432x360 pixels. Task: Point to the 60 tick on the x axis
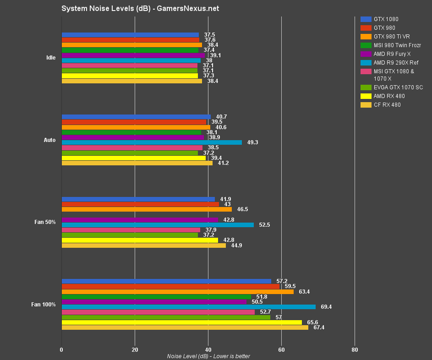click(281, 350)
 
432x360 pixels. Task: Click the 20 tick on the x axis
click(135, 350)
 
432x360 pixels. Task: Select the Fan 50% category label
click(45, 222)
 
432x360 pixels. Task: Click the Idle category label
click(51, 58)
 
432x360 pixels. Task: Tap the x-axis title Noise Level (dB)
click(208, 356)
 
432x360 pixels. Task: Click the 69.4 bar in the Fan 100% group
click(188, 307)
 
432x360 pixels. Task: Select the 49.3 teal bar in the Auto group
click(152, 142)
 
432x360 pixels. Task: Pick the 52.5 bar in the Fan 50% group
click(158, 225)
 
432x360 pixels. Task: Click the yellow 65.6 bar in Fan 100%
click(181, 322)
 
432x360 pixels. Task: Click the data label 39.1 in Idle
click(215, 55)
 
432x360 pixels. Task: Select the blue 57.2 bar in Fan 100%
click(166, 281)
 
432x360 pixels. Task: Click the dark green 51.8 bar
click(156, 297)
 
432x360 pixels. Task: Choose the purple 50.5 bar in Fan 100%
click(154, 302)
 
